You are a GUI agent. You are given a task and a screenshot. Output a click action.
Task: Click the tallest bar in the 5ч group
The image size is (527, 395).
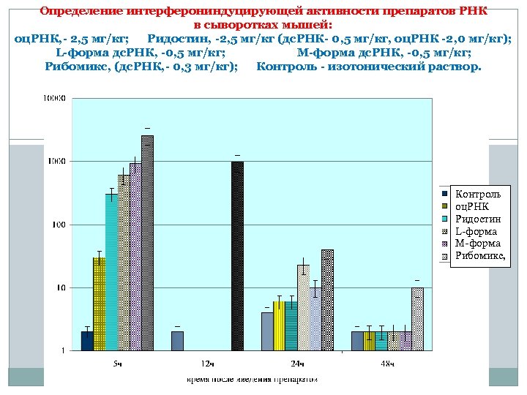tap(147, 241)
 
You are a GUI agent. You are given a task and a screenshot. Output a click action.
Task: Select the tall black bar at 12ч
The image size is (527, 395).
tap(237, 256)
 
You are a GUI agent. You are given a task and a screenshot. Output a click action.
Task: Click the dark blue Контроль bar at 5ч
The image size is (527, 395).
tap(87, 341)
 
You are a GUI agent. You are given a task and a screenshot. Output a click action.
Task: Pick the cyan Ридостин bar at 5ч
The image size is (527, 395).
tap(111, 271)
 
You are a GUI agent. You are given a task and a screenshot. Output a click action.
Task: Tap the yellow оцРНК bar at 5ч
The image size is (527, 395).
tap(99, 304)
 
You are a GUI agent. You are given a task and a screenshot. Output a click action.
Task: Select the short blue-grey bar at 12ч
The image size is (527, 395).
tap(177, 341)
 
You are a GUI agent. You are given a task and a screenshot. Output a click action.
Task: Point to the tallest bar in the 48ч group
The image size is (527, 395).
tap(417, 319)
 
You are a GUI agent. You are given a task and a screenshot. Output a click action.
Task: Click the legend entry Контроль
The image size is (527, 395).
tap(477, 194)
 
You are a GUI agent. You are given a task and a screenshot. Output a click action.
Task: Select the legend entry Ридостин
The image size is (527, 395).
tap(477, 219)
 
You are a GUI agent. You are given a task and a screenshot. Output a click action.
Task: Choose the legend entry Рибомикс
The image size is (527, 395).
tap(481, 256)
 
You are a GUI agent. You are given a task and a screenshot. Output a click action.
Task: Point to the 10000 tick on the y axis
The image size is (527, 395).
tap(54, 98)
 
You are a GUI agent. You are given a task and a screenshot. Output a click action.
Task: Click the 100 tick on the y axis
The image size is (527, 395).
tap(58, 225)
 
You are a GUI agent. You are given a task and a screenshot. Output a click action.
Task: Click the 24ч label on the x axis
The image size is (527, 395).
tap(297, 364)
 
